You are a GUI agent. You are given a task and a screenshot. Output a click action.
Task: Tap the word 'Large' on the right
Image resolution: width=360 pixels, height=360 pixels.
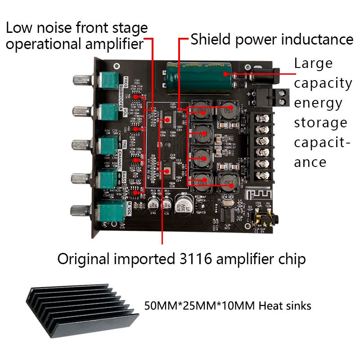point(313,63)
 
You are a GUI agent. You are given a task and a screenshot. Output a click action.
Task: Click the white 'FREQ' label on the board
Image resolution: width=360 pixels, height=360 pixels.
point(126,82)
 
